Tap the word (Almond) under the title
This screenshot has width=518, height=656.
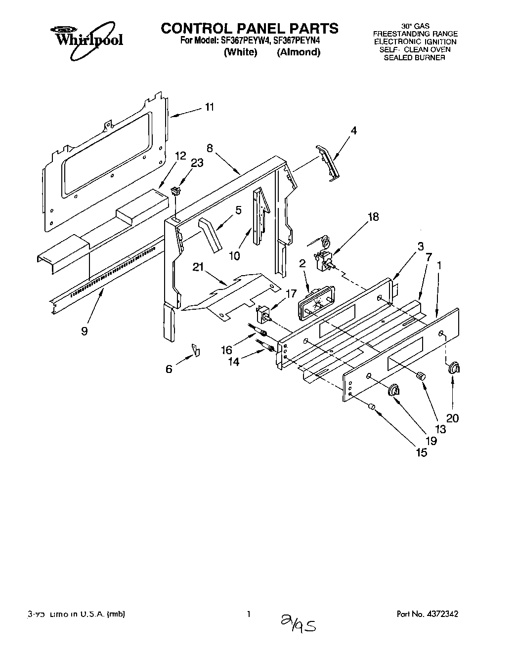[298, 52]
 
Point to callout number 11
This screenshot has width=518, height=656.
[210, 107]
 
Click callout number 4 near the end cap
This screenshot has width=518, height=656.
[353, 130]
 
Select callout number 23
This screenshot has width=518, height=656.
[197, 164]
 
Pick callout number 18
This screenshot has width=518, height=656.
[373, 217]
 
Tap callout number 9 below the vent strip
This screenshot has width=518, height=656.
[85, 330]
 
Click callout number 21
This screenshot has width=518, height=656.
[198, 267]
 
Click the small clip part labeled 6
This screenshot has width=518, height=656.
[197, 350]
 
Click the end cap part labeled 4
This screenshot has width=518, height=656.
[329, 163]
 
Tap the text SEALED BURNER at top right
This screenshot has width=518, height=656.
[415, 57]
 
